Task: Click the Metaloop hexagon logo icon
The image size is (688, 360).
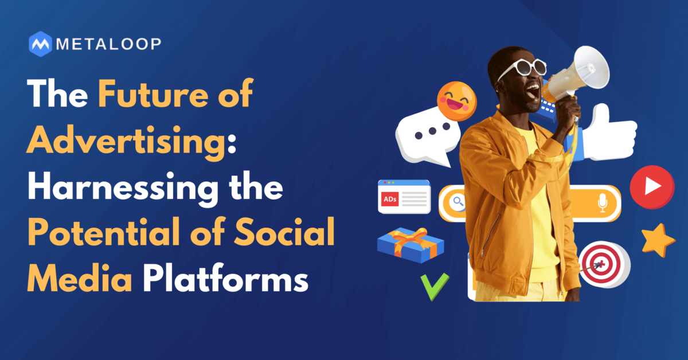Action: point(40,44)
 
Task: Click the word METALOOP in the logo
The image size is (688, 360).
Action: point(109,44)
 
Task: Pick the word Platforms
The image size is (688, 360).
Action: point(226,279)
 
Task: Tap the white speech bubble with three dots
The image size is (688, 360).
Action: point(428,135)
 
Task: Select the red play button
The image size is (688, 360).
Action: point(652,187)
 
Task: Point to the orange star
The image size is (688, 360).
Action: point(658,241)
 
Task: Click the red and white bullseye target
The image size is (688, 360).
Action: point(604,264)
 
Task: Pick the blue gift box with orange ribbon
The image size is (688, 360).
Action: point(411,245)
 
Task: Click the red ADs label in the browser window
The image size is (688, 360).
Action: point(390,199)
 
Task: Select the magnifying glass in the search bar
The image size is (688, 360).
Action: point(458,202)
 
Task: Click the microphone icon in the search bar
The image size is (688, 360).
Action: point(603,203)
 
